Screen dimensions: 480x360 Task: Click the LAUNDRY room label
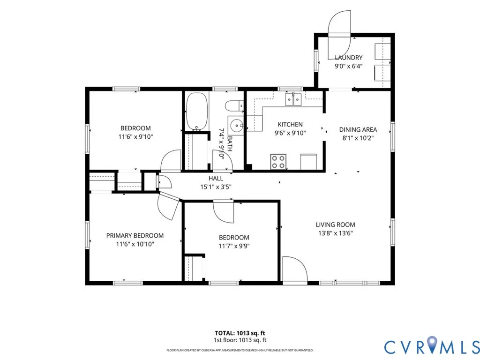pos(348,58)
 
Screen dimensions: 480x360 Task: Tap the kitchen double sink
pos(293,99)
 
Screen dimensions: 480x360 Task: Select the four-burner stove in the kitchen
pos(278,162)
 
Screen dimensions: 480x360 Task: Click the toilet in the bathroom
pos(234,106)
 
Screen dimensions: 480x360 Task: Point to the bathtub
pos(196,112)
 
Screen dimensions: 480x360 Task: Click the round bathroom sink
pos(236,125)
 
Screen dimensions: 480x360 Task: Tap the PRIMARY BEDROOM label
pos(135,235)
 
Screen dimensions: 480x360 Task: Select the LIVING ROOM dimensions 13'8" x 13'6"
pos(336,233)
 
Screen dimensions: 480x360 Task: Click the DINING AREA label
pos(358,129)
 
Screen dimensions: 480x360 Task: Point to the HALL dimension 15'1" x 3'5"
pos(216,187)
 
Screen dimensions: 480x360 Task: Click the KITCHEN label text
pos(290,124)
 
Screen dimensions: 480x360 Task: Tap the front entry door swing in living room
pos(294,269)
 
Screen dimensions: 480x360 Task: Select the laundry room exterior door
pos(339,35)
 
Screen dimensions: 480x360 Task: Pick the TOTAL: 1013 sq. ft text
pos(240,333)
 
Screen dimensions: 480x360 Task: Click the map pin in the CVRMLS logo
pos(432,343)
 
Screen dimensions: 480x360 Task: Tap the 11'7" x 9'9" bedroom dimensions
pos(234,246)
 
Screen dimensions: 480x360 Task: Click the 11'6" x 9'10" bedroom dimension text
pos(135,136)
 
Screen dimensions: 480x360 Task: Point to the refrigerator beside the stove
pos(308,162)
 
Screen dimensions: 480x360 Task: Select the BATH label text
pos(230,144)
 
